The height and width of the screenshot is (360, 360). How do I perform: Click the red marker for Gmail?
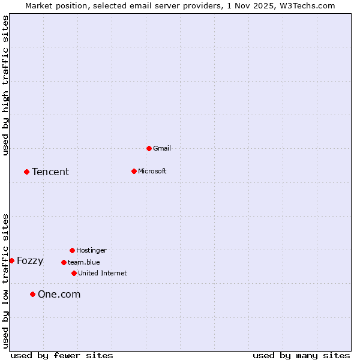click(x=149, y=148)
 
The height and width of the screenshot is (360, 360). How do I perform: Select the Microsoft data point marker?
click(x=134, y=171)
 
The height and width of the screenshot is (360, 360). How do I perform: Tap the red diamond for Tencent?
click(x=26, y=172)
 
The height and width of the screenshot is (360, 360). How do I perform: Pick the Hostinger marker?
click(x=72, y=250)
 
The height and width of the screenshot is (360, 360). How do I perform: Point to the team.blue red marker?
click(x=64, y=262)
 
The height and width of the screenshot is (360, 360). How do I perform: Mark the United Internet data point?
click(x=74, y=273)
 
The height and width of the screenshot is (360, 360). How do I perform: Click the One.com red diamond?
click(x=32, y=294)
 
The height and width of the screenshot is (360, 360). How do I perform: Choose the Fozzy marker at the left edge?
click(x=11, y=260)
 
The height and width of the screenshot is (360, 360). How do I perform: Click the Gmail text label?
click(x=162, y=148)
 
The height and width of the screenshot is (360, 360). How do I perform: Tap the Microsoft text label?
click(x=152, y=171)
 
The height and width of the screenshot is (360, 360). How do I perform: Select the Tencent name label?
click(x=50, y=172)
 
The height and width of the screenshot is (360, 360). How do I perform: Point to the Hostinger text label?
click(x=91, y=250)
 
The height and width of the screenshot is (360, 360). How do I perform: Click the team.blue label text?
click(x=83, y=262)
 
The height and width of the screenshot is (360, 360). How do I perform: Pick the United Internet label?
click(x=102, y=273)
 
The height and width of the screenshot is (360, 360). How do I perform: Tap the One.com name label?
click(x=59, y=294)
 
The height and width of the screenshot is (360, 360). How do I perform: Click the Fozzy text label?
click(x=30, y=261)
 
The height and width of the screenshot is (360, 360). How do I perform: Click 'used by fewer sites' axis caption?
click(x=62, y=355)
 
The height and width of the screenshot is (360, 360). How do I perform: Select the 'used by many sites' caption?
click(x=301, y=355)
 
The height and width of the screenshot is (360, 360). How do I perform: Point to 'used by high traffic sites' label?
click(x=5, y=85)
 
